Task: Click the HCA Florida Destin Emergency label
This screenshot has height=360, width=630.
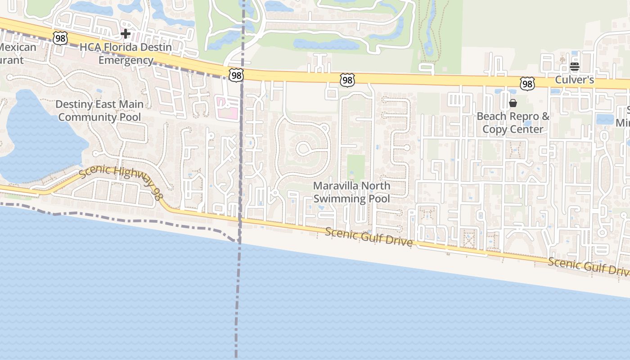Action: point(126,54)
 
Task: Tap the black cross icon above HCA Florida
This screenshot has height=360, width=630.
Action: point(126,34)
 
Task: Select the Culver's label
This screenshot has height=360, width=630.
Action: point(575,80)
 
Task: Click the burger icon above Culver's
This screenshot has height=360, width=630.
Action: point(574,67)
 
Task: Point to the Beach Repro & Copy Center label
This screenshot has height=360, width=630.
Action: point(513,123)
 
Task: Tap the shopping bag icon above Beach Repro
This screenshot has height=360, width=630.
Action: point(513,103)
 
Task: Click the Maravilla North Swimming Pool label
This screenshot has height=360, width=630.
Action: point(351,192)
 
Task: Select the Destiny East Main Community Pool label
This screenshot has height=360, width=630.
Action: point(99,111)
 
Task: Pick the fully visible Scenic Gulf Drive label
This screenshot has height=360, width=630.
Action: point(369,237)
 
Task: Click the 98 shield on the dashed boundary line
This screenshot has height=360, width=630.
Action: point(236,75)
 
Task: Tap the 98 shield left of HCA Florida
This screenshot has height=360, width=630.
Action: point(60,38)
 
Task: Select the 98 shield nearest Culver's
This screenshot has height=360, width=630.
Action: point(527,83)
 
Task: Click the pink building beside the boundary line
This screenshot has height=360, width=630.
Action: point(227,108)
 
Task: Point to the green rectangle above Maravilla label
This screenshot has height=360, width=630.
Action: point(356,168)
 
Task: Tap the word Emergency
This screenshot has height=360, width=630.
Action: point(126,60)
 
